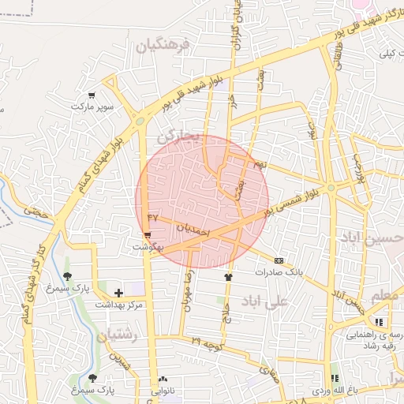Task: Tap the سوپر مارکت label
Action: click(x=92, y=106)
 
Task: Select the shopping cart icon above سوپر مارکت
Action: click(x=92, y=94)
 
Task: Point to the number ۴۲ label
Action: click(x=153, y=217)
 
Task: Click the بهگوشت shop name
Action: click(x=148, y=247)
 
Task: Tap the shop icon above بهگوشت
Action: click(x=148, y=235)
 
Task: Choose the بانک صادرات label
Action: click(x=279, y=271)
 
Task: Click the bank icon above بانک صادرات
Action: click(x=279, y=260)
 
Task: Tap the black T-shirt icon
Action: click(x=229, y=277)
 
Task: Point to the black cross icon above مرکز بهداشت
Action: click(x=118, y=293)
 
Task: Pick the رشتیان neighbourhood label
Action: click(x=118, y=336)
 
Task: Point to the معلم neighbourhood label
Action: click(x=380, y=294)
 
